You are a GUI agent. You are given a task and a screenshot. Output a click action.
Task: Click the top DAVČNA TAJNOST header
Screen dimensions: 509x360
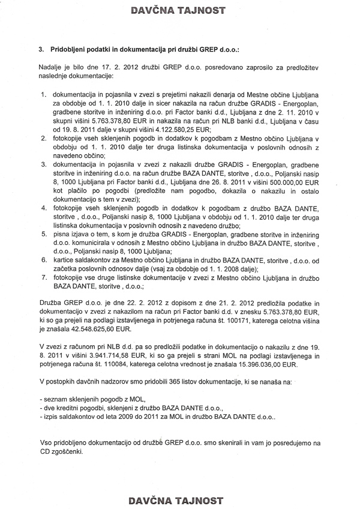[x=180, y=10]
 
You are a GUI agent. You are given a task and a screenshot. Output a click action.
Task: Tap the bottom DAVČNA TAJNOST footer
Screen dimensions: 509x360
[x=180, y=499]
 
